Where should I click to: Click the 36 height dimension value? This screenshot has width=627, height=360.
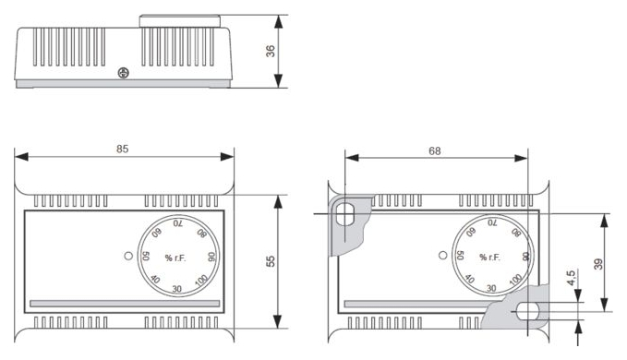pos(271,51)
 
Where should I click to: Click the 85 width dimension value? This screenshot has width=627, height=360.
pos(123,149)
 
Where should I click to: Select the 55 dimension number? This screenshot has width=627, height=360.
pos(271,261)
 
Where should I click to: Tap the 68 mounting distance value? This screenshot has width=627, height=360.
pos(435,151)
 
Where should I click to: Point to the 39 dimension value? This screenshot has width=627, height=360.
pos(598,264)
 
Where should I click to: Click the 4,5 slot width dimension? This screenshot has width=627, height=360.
pos(572,278)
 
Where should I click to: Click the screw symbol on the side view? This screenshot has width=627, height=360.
pos(124,73)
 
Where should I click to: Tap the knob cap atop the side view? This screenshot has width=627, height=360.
pos(180,21)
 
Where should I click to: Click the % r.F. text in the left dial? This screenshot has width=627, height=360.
pos(175,258)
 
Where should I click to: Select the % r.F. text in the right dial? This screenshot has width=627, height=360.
pos(489,258)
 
